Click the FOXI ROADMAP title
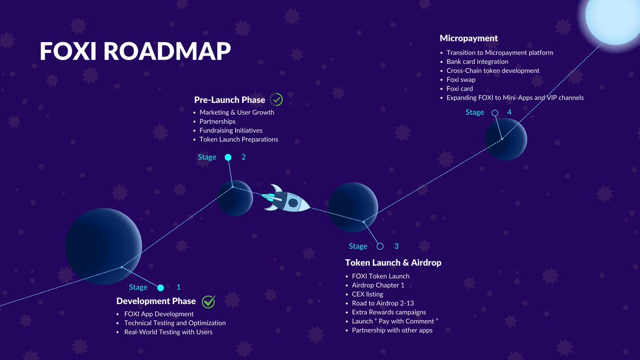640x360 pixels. coord(135,51)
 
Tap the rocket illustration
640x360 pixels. coord(287,199)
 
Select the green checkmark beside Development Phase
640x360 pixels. coord(209,301)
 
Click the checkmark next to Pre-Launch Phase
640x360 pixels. coord(276,99)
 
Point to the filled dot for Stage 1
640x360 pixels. coord(161,288)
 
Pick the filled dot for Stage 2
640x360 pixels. coord(228,157)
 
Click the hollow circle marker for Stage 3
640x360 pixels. coord(380,246)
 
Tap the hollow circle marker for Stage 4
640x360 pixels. coord(495,113)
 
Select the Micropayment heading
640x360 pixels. coord(469,38)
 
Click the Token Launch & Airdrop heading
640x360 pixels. coord(393,262)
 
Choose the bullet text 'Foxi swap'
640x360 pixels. coord(461,80)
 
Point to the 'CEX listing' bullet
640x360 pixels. coord(367,294)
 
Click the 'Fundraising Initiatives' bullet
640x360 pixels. coord(231,130)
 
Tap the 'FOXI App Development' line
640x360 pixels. coord(159,314)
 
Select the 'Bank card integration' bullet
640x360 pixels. coord(477,62)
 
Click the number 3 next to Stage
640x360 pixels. coord(396,246)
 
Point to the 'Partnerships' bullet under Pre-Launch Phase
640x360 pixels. coord(218,122)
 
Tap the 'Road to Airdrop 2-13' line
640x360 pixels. coord(383,303)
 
